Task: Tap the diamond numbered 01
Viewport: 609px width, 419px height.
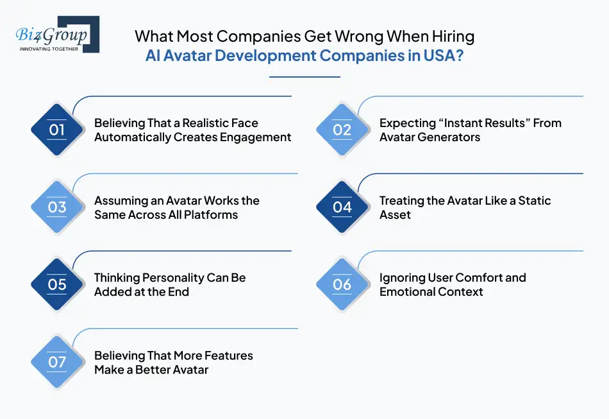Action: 57,130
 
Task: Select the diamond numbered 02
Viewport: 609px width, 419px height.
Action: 342,130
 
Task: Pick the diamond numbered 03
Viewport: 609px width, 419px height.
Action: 57,207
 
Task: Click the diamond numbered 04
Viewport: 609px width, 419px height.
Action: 342,207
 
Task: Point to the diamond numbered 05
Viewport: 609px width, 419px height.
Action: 57,285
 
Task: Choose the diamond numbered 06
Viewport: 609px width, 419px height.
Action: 342,285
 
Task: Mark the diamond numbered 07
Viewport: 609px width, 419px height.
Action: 57,362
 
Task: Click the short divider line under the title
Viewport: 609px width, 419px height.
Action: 304,77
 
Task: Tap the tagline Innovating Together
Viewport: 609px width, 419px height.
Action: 49,49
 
